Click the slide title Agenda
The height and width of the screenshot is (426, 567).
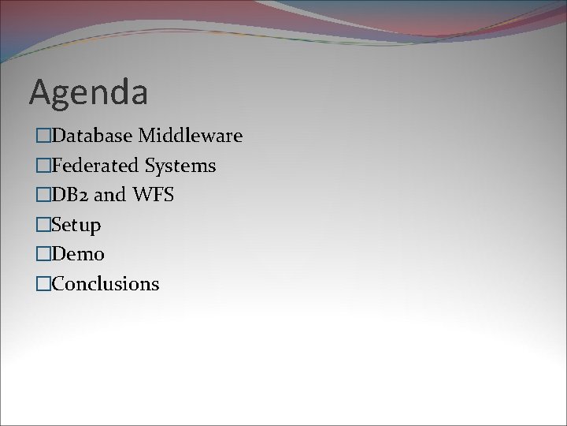[88, 93]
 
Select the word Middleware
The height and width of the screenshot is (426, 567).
[190, 136]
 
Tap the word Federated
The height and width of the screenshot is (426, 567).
[94, 166]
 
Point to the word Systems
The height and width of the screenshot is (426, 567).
[180, 166]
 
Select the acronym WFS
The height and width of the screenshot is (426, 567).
[153, 195]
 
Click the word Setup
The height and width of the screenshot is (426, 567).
[76, 226]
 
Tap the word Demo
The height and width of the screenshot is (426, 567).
[77, 254]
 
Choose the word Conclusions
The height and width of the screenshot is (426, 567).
[105, 284]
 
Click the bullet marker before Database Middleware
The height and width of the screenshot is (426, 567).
[42, 136]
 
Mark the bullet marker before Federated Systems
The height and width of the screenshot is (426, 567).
[42, 166]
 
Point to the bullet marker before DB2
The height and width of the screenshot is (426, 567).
[42, 195]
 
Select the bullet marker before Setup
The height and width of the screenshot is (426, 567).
[42, 225]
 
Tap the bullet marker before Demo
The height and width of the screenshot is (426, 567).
[42, 254]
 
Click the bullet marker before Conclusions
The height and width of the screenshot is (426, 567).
[42, 284]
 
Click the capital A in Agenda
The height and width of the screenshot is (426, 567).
[41, 92]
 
